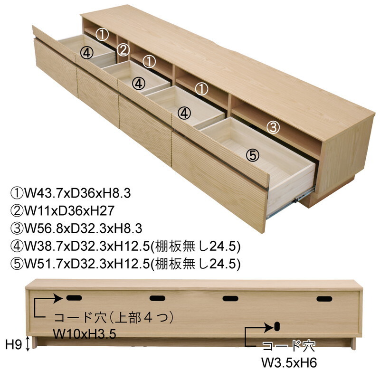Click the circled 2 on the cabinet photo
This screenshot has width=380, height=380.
point(123,49)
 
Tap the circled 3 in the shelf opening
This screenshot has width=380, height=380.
point(272,127)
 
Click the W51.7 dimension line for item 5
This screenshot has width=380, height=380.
point(125,263)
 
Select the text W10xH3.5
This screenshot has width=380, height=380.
point(85,334)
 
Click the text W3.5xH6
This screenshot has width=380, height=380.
point(289,363)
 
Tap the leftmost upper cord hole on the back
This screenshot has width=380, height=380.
point(74,298)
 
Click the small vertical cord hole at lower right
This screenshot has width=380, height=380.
point(276,327)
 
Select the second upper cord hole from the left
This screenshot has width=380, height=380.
point(157,298)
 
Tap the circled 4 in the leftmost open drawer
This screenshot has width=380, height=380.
point(86,53)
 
